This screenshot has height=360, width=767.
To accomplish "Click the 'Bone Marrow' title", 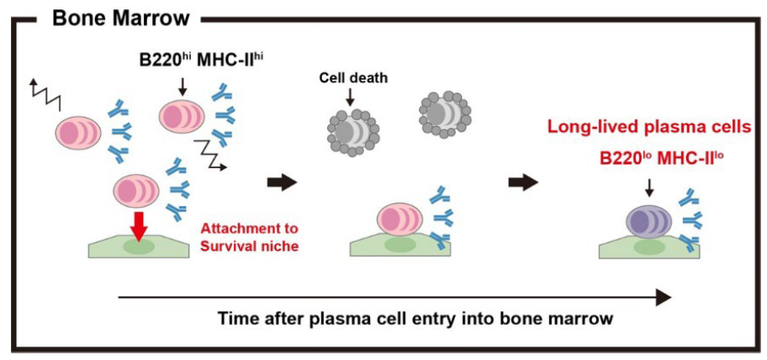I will tap(121, 17).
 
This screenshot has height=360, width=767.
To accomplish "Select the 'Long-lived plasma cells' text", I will tap(654, 127).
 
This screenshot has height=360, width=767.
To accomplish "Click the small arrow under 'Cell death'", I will tap(350, 97).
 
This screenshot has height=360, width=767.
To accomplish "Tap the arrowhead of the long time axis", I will tap(664, 296).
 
